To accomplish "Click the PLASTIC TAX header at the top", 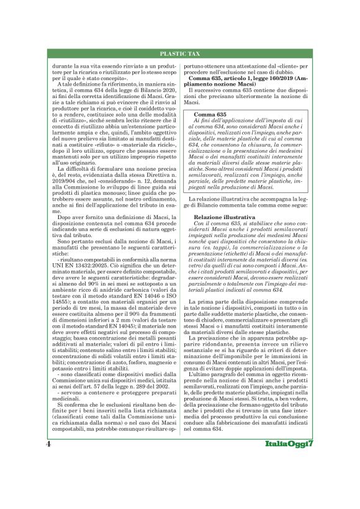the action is click(180, 55).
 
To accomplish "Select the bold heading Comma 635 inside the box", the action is click(212, 115).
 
